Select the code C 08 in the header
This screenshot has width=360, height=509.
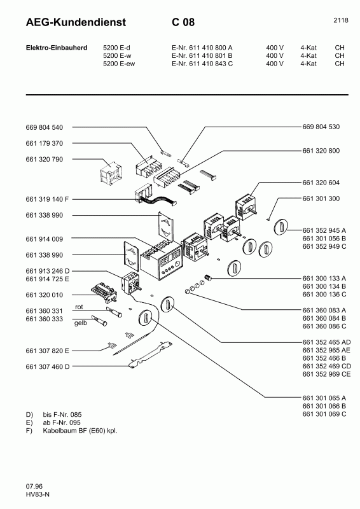[183, 23]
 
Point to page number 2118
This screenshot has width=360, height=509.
[340, 20]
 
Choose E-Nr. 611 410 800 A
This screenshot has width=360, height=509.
[202, 47]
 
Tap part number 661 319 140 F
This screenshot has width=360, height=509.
[51, 198]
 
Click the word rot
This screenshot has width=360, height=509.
[80, 307]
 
